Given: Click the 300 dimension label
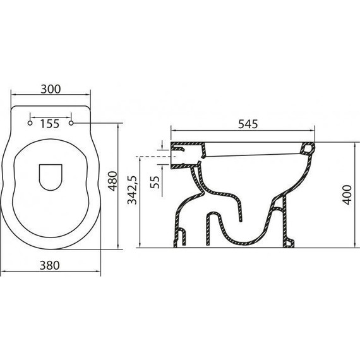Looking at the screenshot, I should (51, 89).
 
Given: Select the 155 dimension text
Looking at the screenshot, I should (51, 123).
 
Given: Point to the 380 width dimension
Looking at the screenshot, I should (51, 265).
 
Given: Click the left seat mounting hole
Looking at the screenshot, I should (30, 122).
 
